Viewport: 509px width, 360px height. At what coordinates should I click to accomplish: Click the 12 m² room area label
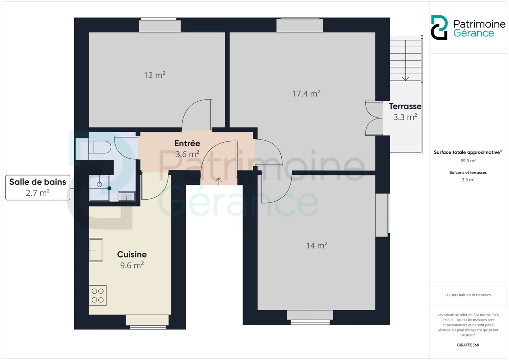(x=154, y=75)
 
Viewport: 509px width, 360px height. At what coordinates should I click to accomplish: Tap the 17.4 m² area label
(x=306, y=94)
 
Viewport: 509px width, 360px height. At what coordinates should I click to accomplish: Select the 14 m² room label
(x=317, y=246)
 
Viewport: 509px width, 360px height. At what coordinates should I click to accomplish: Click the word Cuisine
(x=132, y=254)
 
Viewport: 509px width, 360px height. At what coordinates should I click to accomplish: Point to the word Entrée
(x=187, y=143)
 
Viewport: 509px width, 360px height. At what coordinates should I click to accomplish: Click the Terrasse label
(x=405, y=106)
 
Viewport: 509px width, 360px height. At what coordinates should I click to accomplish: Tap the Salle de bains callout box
(x=38, y=188)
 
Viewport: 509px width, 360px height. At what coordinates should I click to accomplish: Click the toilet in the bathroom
(x=100, y=147)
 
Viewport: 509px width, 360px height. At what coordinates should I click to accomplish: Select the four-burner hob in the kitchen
(x=98, y=295)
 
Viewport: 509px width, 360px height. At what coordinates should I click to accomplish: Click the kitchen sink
(x=96, y=250)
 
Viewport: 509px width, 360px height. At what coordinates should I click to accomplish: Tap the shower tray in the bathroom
(x=100, y=188)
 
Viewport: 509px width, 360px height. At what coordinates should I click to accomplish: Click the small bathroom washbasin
(x=127, y=196)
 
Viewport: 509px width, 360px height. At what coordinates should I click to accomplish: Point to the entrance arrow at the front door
(x=218, y=182)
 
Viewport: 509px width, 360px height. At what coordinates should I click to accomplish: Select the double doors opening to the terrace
(x=374, y=118)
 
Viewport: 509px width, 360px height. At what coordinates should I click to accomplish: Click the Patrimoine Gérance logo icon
(x=439, y=28)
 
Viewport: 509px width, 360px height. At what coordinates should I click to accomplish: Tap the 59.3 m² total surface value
(x=468, y=161)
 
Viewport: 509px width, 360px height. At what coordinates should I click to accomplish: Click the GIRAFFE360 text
(x=468, y=345)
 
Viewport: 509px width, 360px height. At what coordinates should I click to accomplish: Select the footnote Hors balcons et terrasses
(x=468, y=295)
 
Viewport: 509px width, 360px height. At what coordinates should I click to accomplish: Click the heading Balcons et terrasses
(x=468, y=172)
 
